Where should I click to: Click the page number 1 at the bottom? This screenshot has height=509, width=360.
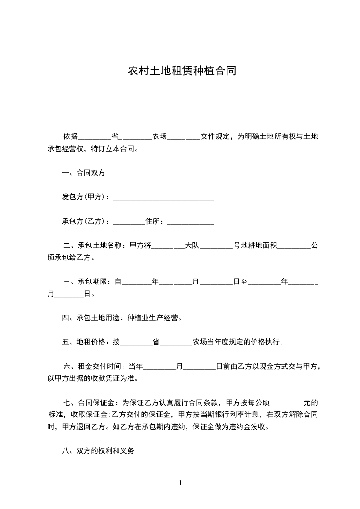pos(180,483)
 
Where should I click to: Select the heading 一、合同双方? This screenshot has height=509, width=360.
pos(84,173)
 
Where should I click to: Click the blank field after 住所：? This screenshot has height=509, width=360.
pos(191,222)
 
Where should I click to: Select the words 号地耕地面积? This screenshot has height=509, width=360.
pos(255,246)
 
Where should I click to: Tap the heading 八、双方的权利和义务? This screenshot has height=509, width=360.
pos(98,451)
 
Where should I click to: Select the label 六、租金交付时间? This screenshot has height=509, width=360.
pos(94,366)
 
